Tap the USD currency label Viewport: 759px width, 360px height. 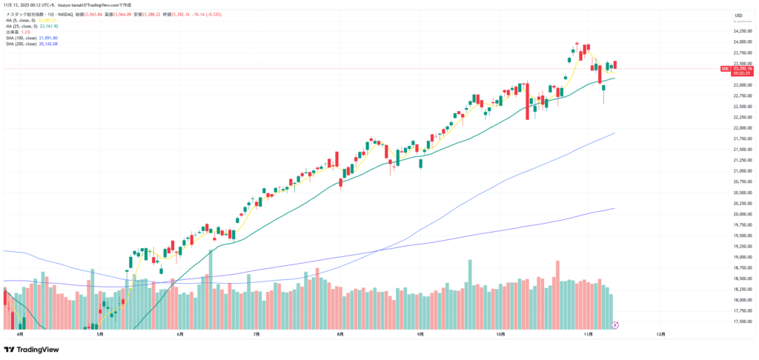coord(738,16)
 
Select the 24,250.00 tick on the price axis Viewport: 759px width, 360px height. coord(740,31)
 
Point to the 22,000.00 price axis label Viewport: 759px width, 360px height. coord(740,128)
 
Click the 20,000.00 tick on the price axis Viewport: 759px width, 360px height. coord(740,214)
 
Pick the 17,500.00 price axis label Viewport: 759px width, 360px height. coord(740,321)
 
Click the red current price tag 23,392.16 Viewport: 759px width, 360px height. coord(742,69)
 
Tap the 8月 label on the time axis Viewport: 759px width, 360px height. coord(339,334)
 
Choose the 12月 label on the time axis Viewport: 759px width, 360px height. coord(660,334)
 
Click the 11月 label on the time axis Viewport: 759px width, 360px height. coord(588,334)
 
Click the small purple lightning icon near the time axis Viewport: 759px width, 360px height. coord(614,324)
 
